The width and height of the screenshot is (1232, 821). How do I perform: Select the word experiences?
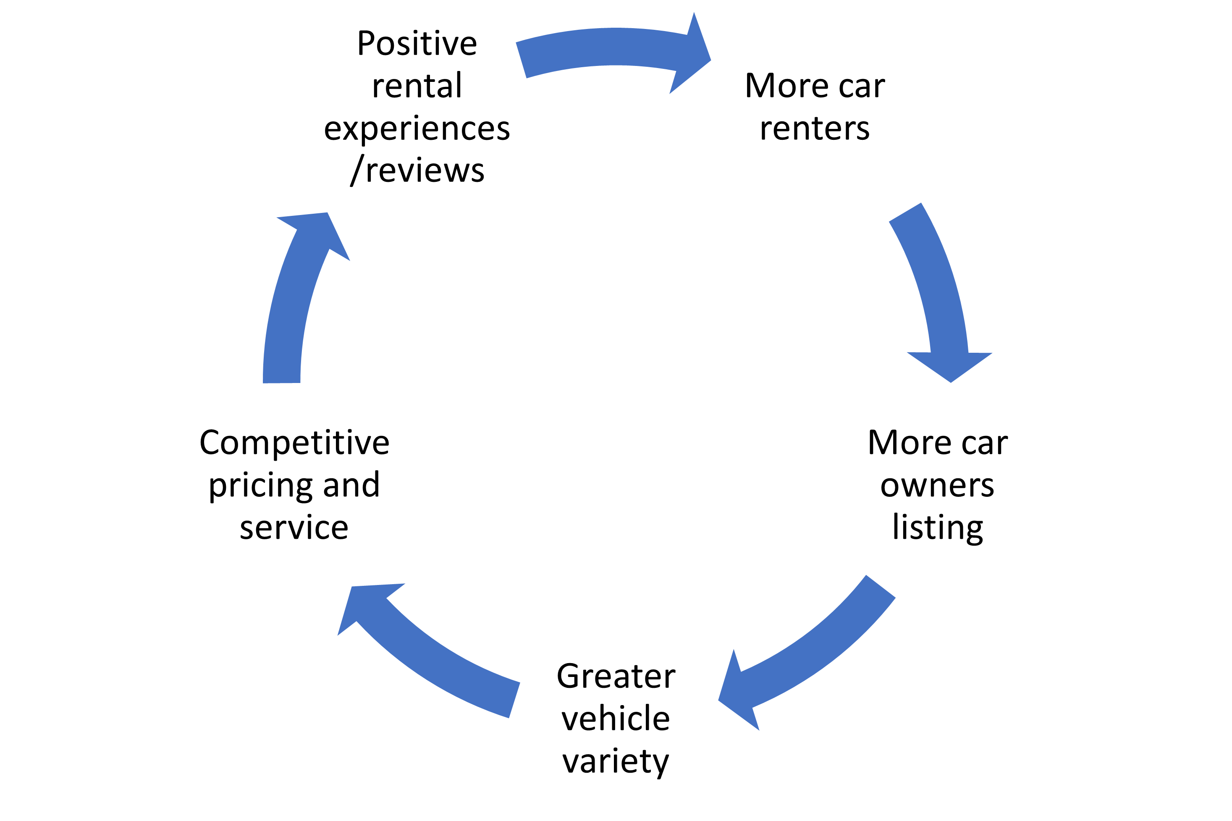point(417,129)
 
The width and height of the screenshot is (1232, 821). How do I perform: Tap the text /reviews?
point(417,170)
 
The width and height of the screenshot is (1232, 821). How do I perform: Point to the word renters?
point(815,129)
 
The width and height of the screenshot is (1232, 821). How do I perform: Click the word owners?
point(937,485)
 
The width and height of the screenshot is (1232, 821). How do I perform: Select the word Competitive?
point(294,443)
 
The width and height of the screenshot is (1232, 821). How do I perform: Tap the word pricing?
point(261,486)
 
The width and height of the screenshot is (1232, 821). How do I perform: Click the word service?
point(294,528)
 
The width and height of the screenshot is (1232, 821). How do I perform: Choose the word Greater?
point(616,677)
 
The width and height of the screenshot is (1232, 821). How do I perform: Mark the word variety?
point(616,762)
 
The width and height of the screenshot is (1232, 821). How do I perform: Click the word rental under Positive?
point(417,86)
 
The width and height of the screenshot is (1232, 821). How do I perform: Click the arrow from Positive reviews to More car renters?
point(613,47)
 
